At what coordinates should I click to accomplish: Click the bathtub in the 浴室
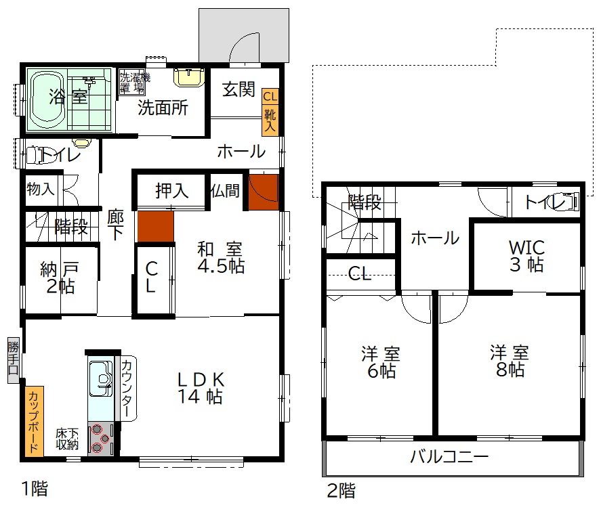(x=47, y=100)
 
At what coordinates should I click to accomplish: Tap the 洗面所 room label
(x=163, y=108)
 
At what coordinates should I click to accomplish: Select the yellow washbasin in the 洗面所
(x=188, y=77)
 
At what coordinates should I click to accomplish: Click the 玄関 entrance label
(x=239, y=89)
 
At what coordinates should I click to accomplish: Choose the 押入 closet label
(x=171, y=190)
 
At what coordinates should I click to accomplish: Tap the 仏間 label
(x=225, y=190)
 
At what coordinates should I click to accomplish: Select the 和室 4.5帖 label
(x=221, y=257)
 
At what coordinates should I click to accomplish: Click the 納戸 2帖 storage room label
(x=60, y=278)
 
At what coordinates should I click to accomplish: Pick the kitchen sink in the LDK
(x=101, y=379)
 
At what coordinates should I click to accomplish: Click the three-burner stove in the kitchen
(x=101, y=439)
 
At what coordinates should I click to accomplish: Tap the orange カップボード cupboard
(x=34, y=421)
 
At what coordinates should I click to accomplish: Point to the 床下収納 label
(x=68, y=439)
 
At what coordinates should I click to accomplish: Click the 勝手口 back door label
(x=13, y=359)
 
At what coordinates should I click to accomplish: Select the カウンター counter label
(x=127, y=388)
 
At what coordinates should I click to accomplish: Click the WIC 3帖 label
(x=526, y=256)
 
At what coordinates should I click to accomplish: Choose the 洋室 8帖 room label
(x=510, y=361)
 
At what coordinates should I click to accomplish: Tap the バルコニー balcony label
(x=450, y=456)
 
